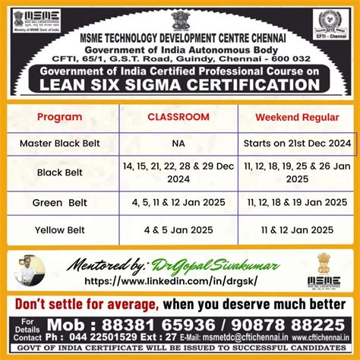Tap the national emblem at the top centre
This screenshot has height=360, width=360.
[180, 17]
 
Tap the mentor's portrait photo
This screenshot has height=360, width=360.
[31, 271]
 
